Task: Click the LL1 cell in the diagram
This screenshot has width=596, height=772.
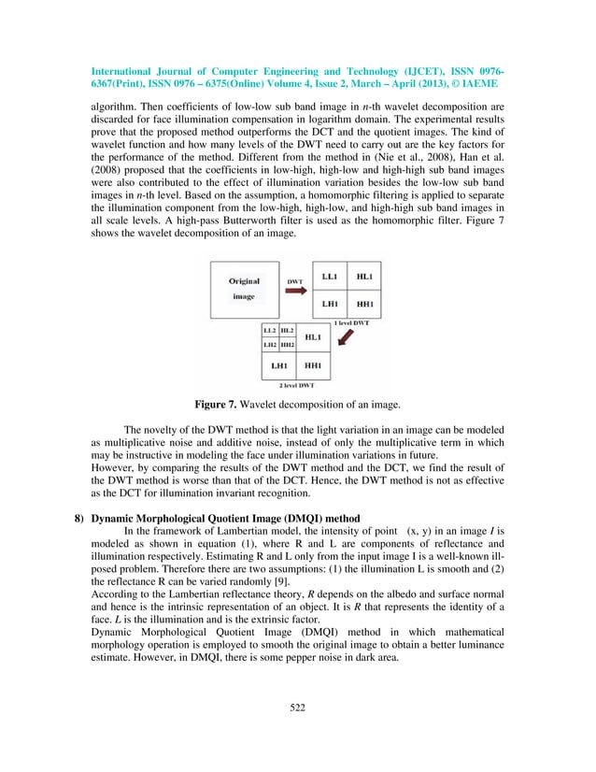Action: coord(329,277)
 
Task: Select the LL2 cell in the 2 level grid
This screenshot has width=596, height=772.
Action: coord(270,331)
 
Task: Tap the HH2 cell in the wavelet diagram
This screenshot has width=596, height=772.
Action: coord(288,345)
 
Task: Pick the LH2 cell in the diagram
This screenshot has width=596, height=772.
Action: coord(270,345)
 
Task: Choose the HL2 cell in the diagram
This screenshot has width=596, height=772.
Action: coord(288,331)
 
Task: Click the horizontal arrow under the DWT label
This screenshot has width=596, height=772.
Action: coord(294,291)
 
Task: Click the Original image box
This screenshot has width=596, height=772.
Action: coord(244,289)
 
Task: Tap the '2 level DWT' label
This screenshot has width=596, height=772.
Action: coord(296,384)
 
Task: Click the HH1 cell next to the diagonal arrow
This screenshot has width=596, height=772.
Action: coord(363,304)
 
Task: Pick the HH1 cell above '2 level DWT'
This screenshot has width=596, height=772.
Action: coord(314,365)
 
